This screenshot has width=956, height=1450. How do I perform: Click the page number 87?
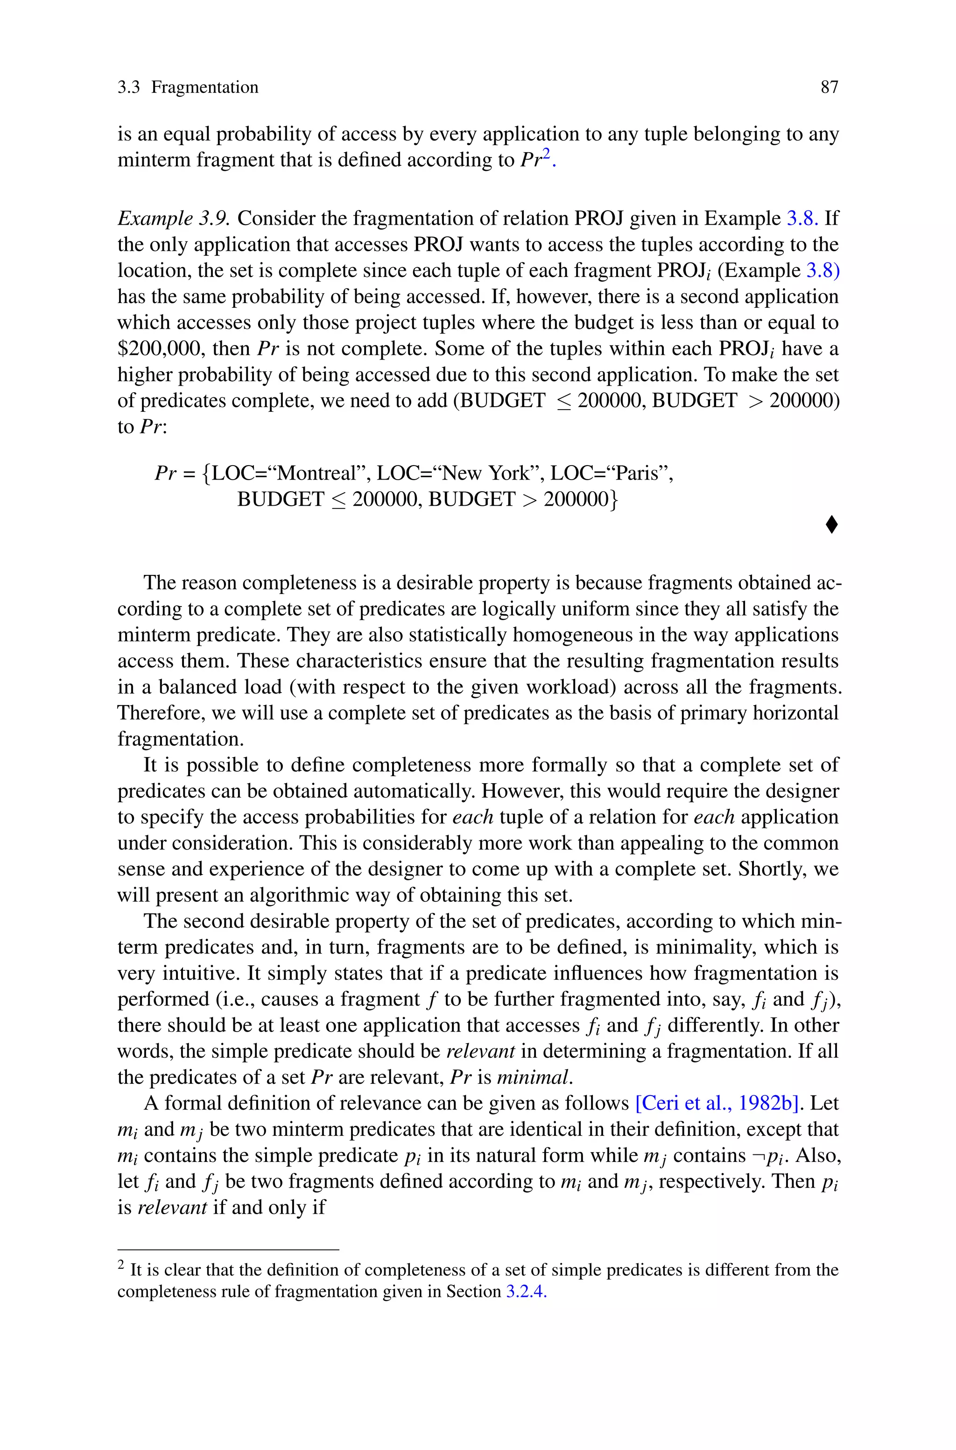(829, 87)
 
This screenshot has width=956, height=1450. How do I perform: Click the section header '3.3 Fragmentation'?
(188, 87)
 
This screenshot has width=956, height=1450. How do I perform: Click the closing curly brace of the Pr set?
(614, 500)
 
